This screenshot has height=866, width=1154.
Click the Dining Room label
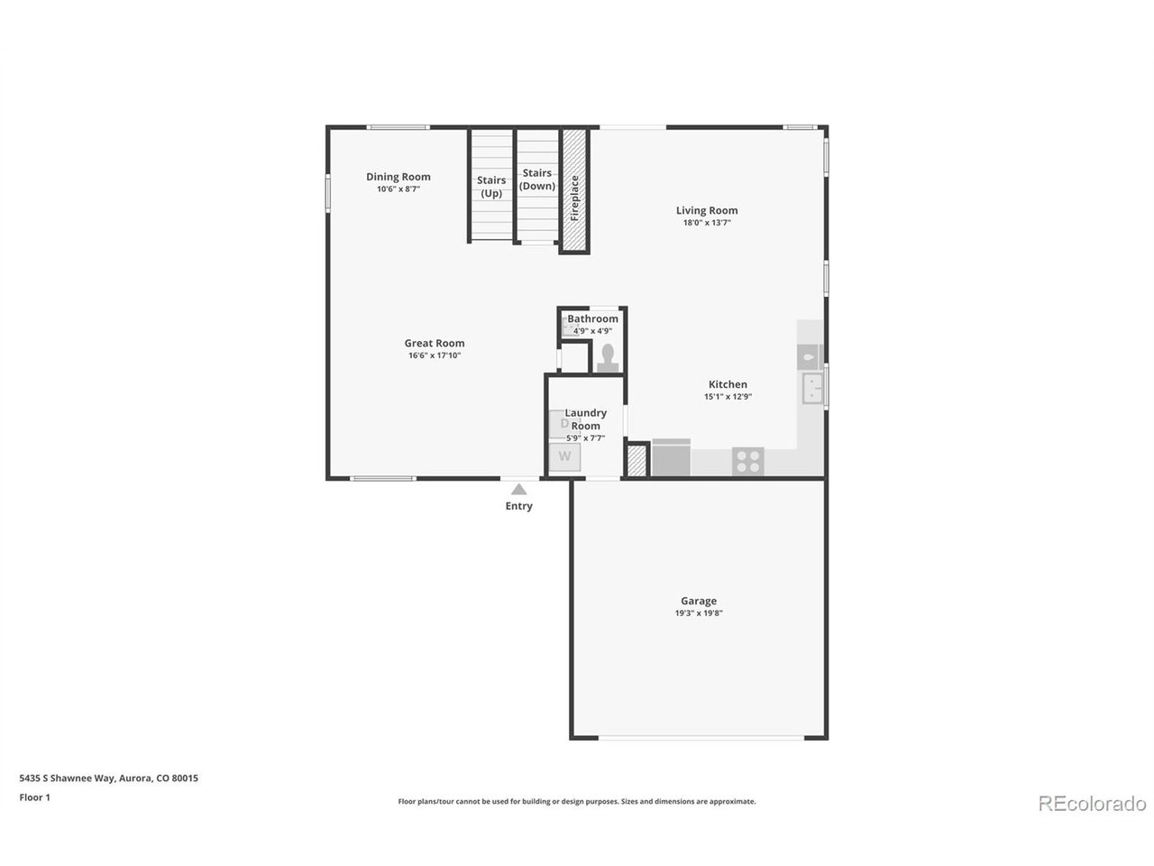point(398,177)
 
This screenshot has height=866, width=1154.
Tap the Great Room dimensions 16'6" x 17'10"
point(435,355)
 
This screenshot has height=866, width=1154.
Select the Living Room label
point(707,210)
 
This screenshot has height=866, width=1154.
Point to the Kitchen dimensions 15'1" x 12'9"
point(728,396)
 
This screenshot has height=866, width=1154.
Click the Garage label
point(698,601)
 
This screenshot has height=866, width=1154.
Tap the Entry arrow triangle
point(519,490)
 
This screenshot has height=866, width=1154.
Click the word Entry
point(519,506)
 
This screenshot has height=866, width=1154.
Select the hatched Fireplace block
point(574,190)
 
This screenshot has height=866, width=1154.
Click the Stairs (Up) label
point(491,187)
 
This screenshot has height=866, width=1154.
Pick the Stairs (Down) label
point(536,180)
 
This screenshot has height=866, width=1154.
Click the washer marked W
point(564,457)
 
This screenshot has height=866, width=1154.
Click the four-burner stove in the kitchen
point(747,462)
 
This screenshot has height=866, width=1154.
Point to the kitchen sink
point(812,388)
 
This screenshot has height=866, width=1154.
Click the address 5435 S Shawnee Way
point(67,778)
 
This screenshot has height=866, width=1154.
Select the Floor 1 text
point(34,797)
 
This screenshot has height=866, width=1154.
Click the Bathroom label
point(592,318)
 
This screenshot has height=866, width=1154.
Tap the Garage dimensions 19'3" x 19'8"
point(699,613)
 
